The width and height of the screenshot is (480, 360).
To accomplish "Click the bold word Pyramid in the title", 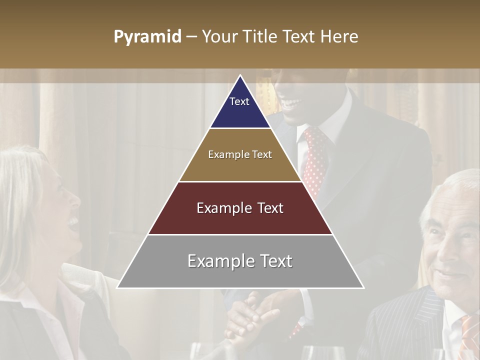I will (147, 37).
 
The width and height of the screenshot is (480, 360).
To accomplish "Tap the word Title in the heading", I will (260, 37).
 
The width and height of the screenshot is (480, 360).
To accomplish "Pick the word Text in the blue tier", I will (239, 101).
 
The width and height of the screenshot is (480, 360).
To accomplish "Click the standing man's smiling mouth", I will (292, 104).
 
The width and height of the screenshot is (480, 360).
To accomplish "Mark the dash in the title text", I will (191, 37).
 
